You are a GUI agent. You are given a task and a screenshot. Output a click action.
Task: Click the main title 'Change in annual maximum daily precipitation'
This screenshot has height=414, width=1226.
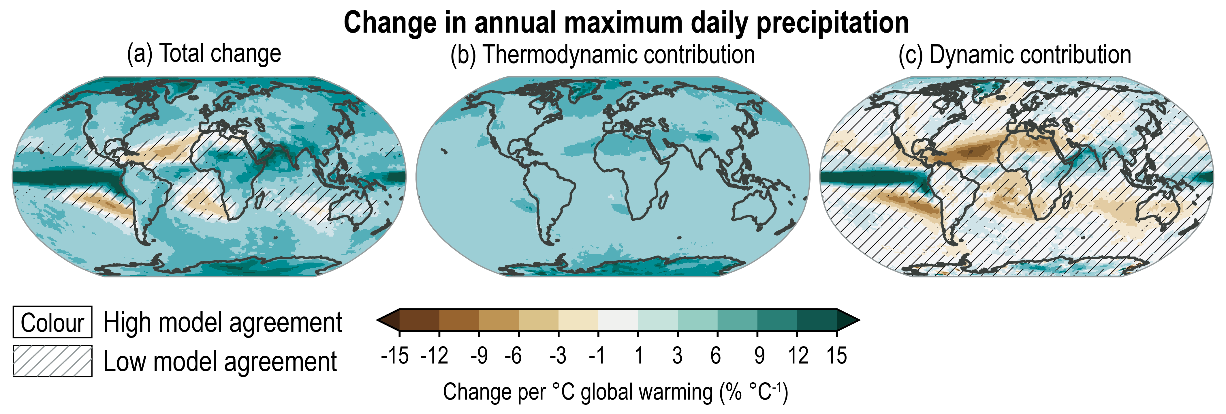(626, 23)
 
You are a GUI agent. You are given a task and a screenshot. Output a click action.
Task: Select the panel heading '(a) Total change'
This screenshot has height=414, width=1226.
(204, 53)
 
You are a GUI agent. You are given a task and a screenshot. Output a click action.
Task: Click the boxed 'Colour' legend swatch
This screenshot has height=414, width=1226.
(52, 323)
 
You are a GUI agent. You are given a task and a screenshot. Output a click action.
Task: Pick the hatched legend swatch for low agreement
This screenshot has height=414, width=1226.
(52, 361)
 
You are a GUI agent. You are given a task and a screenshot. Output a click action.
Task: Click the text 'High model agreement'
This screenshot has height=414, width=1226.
(222, 323)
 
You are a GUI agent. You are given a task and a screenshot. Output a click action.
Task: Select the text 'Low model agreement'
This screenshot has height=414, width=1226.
(220, 361)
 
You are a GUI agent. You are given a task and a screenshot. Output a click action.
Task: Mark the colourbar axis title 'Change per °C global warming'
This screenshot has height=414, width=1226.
(615, 392)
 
